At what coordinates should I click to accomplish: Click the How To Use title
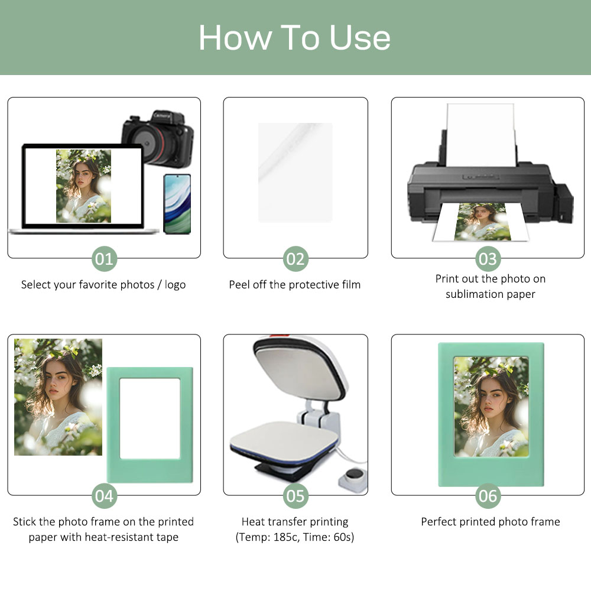click(294, 38)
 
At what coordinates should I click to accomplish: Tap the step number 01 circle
click(104, 259)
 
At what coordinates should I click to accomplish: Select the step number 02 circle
click(295, 259)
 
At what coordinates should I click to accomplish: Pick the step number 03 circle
click(488, 259)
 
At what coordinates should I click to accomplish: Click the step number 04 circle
click(104, 496)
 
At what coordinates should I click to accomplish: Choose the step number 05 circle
click(295, 496)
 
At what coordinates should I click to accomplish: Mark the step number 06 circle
click(488, 496)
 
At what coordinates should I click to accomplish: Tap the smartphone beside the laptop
click(177, 203)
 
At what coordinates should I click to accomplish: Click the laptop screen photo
click(83, 186)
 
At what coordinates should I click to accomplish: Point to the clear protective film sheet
click(295, 172)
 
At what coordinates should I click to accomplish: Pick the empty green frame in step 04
click(150, 423)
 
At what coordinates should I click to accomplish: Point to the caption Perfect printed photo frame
click(490, 522)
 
